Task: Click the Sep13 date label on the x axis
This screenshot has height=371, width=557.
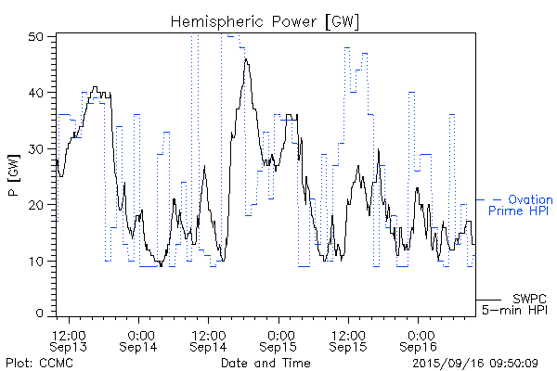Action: pyautogui.click(x=71, y=347)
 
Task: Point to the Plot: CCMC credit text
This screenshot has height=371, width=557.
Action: pyautogui.click(x=35, y=363)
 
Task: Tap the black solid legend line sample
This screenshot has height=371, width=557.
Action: pyautogui.click(x=489, y=300)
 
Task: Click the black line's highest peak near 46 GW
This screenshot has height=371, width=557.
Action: pyautogui.click(x=246, y=58)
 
